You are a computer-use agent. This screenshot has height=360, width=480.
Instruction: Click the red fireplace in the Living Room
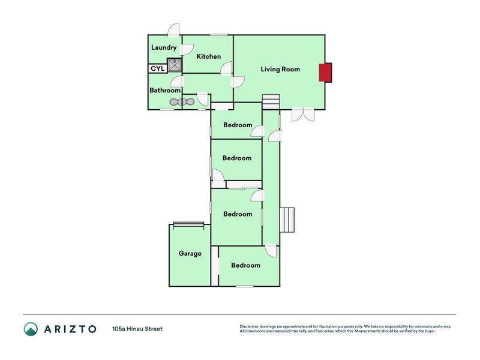point(325,73)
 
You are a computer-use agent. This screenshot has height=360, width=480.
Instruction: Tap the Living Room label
point(280,69)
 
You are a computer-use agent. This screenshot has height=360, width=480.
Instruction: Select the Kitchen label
point(209,56)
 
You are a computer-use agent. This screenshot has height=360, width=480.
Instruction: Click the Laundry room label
point(164,47)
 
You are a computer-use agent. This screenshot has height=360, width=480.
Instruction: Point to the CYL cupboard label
point(157,68)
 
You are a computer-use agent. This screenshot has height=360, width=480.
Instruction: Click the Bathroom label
point(165,91)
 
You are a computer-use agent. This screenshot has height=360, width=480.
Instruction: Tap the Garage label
point(190,253)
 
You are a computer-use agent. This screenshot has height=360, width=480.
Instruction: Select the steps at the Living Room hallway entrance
point(271,102)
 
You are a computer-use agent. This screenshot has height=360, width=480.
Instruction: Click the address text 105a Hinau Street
point(137,329)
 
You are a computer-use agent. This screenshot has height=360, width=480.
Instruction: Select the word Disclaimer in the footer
point(251,326)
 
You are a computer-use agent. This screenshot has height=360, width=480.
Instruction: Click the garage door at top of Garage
point(189,224)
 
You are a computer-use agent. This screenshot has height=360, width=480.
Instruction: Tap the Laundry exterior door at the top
point(173,30)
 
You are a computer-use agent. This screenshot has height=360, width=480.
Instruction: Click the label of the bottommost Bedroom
point(245,265)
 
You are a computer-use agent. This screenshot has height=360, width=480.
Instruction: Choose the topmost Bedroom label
point(238,125)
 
